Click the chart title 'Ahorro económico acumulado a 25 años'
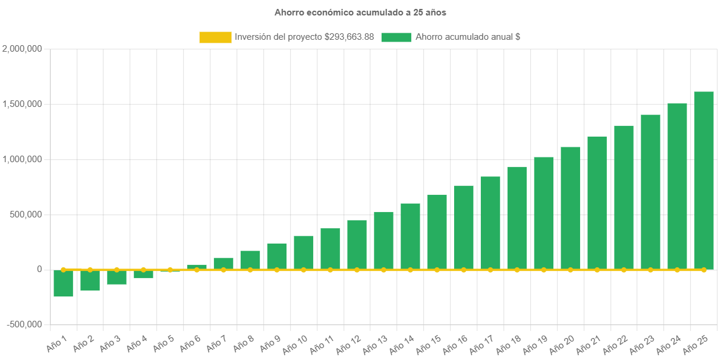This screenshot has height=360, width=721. point(360,12)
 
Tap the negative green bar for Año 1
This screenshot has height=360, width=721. point(63,283)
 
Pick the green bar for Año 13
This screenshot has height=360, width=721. point(383,241)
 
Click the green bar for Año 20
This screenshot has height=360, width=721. point(571,208)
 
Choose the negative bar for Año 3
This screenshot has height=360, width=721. point(117,277)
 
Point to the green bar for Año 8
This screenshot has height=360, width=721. point(250,260)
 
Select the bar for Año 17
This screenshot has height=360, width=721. point(490,223)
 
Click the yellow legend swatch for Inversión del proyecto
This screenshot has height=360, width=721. point(215,37)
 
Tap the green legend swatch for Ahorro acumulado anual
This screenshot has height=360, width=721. point(396,37)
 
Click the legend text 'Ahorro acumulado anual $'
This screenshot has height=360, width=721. point(468,37)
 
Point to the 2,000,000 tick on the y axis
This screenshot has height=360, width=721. point(22,49)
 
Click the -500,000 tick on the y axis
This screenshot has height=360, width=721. point(24,324)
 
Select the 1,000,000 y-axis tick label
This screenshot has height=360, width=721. point(22,159)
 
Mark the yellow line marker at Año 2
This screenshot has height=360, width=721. point(90,270)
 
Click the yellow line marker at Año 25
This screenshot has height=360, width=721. point(704,270)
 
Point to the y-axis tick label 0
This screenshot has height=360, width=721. point(39,269)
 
